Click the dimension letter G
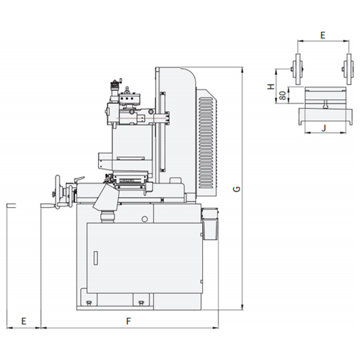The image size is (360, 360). pyautogui.click(x=237, y=189)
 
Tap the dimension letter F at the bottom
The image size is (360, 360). pyautogui.click(x=129, y=321)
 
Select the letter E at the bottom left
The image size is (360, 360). pyautogui.click(x=23, y=321)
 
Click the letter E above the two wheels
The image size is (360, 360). pyautogui.click(x=323, y=36)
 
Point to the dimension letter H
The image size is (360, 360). pyautogui.click(x=272, y=86)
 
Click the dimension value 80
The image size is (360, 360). pyautogui.click(x=283, y=95)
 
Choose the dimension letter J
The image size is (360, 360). pyautogui.click(x=324, y=128)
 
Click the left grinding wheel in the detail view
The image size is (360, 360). pyautogui.click(x=298, y=69)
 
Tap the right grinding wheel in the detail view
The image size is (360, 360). pyautogui.click(x=348, y=69)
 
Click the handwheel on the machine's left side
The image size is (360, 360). pyautogui.click(x=58, y=192)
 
